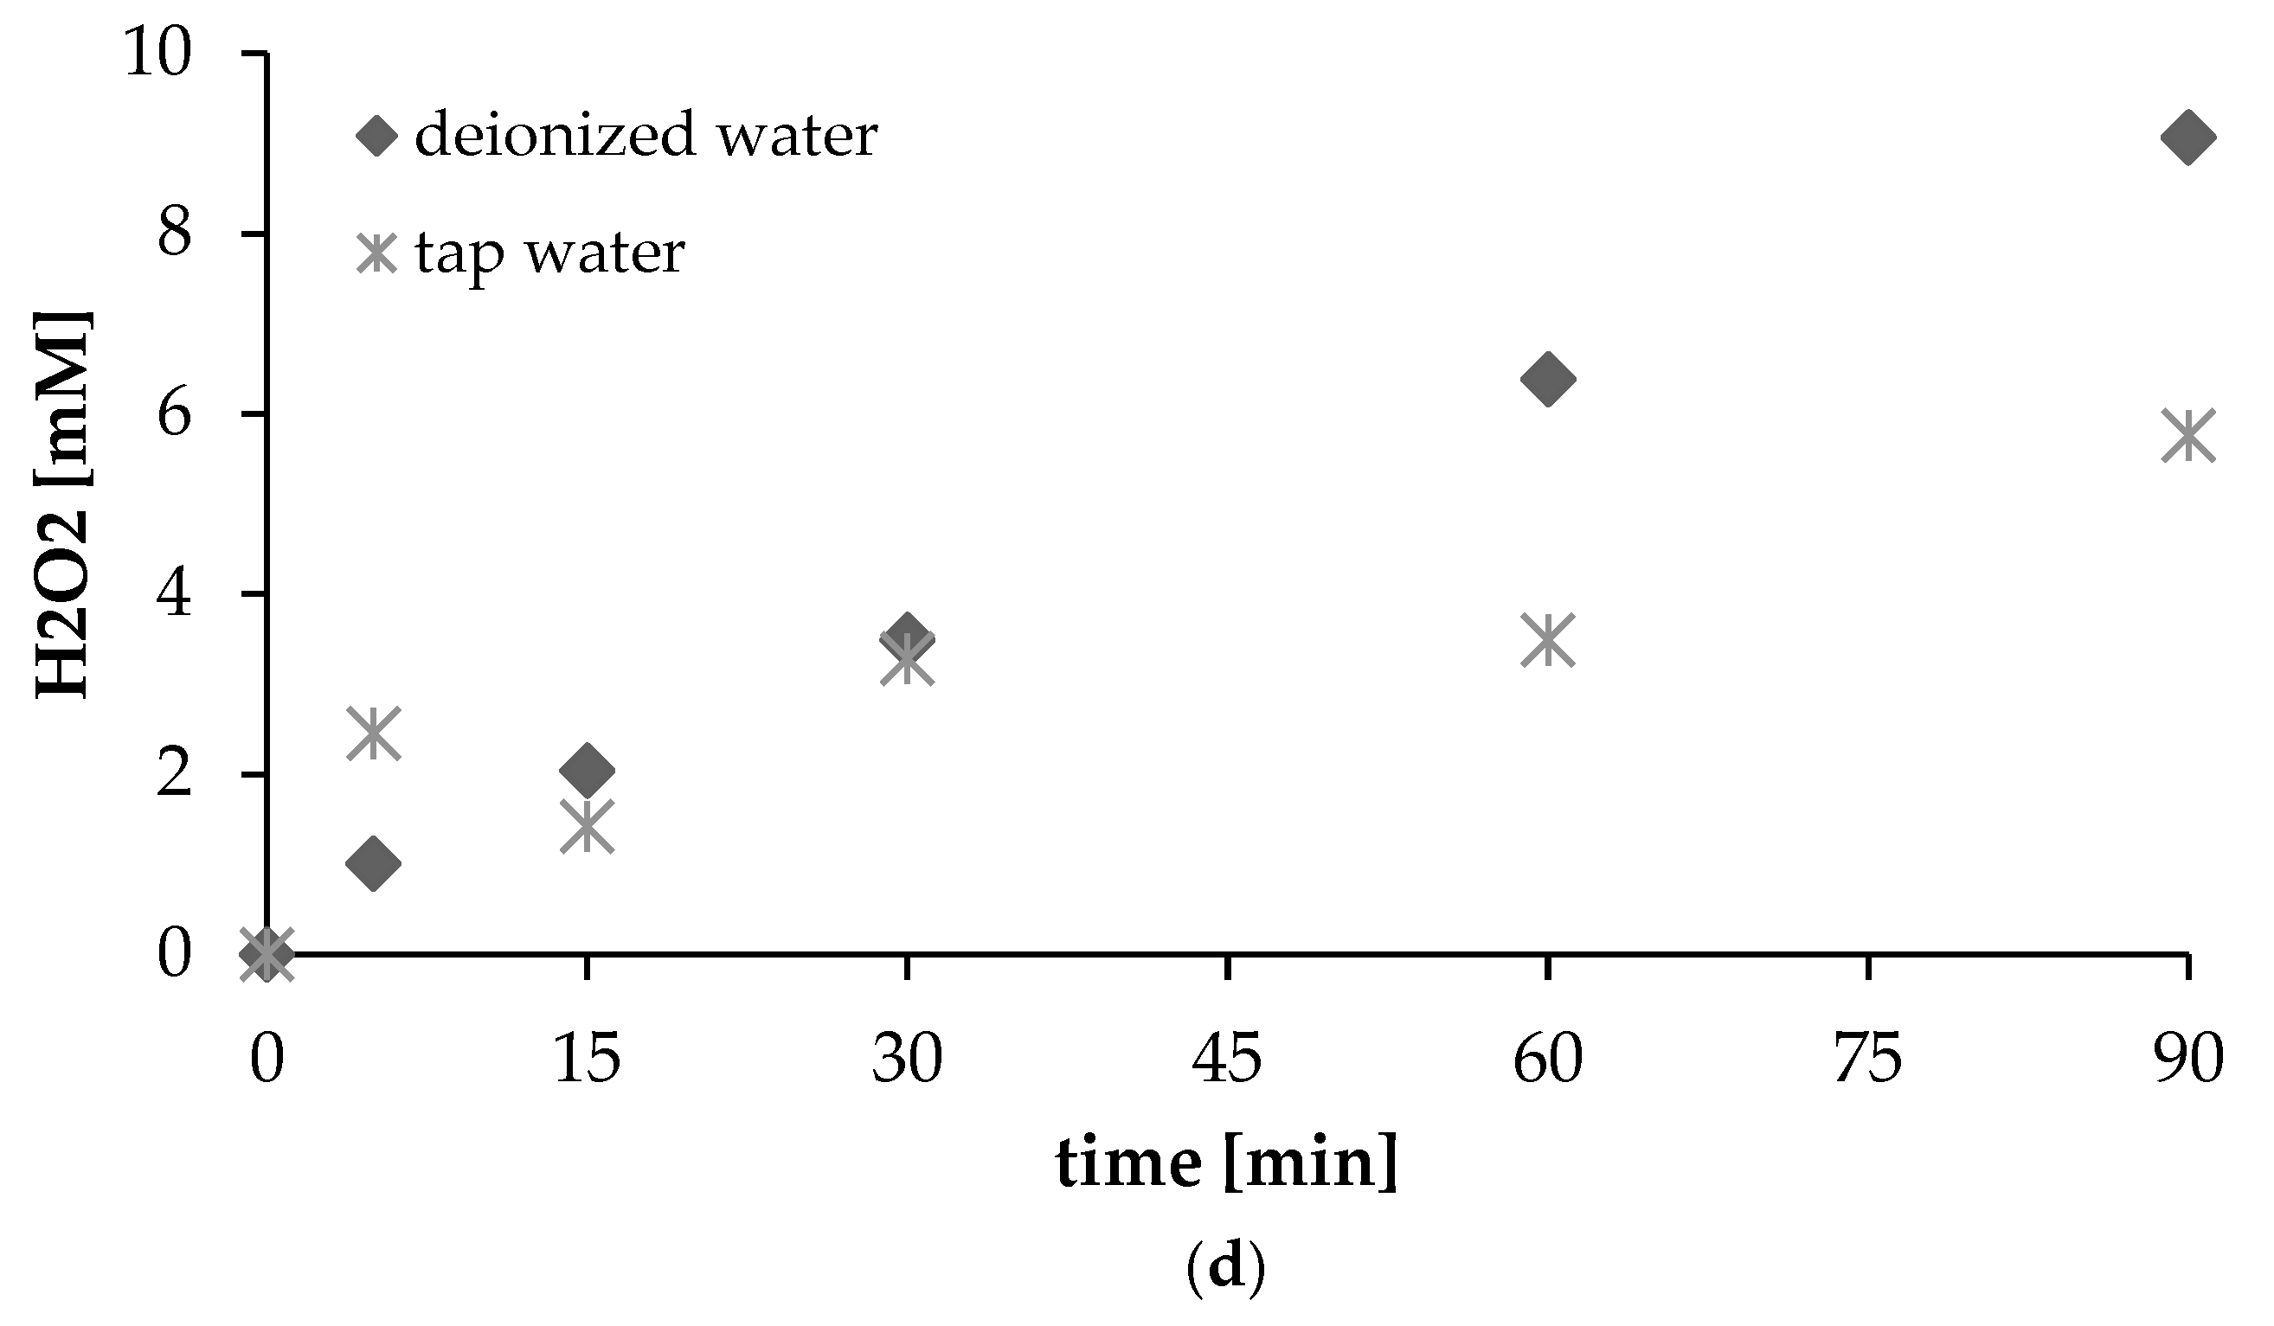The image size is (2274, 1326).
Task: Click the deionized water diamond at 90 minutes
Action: click(x=2187, y=138)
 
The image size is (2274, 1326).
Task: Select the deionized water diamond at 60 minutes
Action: click(x=1547, y=379)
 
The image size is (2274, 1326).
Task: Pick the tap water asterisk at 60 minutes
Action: click(x=1547, y=639)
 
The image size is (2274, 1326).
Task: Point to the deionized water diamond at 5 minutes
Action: click(x=374, y=863)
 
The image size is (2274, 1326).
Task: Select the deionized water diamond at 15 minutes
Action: click(x=588, y=771)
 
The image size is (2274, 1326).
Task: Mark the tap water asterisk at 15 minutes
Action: click(x=588, y=825)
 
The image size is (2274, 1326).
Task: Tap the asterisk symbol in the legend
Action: click(x=376, y=253)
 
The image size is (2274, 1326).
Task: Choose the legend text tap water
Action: click(x=549, y=253)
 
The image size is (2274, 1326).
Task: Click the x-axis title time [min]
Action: click(x=1226, y=1163)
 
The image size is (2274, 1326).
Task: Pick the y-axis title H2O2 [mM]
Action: click(x=63, y=505)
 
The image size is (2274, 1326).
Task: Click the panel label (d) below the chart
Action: click(x=1226, y=1267)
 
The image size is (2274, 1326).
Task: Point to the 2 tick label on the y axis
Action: click(x=174, y=774)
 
